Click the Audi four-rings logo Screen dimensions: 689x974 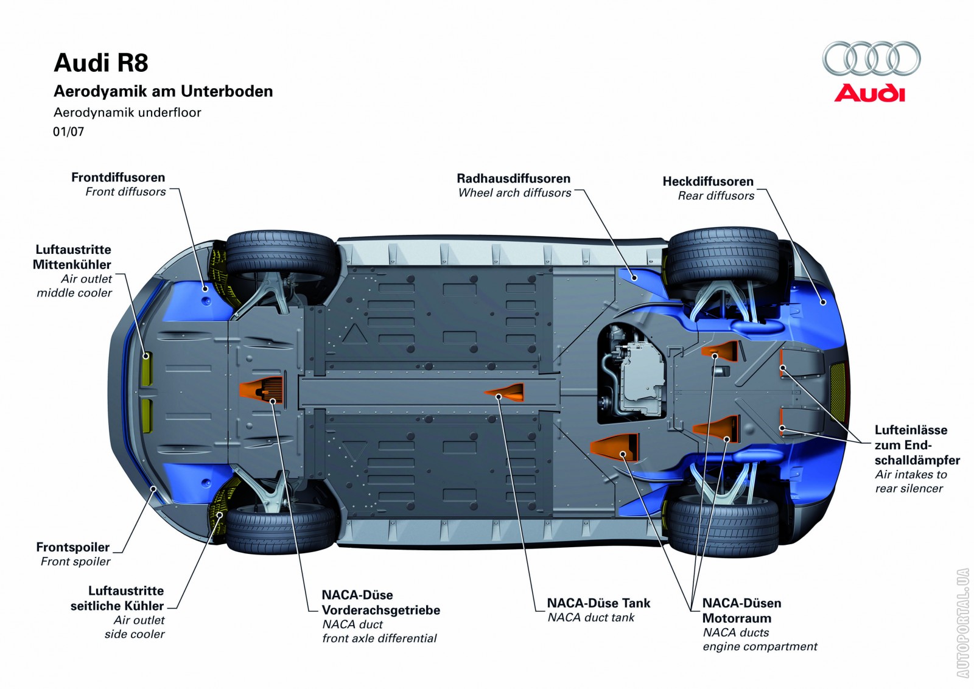pos(871,59)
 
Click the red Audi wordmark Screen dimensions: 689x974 pos(870,94)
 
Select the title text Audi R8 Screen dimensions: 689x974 pos(101,63)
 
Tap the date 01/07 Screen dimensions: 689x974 pos(69,131)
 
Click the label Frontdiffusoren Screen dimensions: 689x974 pos(118,177)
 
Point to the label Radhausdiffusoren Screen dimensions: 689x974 pos(513,178)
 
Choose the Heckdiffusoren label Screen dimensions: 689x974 pos(708,181)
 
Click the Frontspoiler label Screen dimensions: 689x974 pos(73,547)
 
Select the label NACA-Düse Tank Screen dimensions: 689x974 pos(598,603)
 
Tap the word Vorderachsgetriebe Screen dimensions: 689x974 pos(380,610)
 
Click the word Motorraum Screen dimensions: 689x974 pos(737,618)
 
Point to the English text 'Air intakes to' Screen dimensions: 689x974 pos(911,474)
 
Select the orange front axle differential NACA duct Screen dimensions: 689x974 pos(262,390)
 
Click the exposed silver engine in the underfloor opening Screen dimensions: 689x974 pos(633,374)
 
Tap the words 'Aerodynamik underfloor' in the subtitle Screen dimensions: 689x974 pos(127,113)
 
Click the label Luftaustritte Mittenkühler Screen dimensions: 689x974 pos(72,257)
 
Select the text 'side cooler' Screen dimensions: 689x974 pos(135,634)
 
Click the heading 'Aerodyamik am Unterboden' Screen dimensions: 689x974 pos(163,91)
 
